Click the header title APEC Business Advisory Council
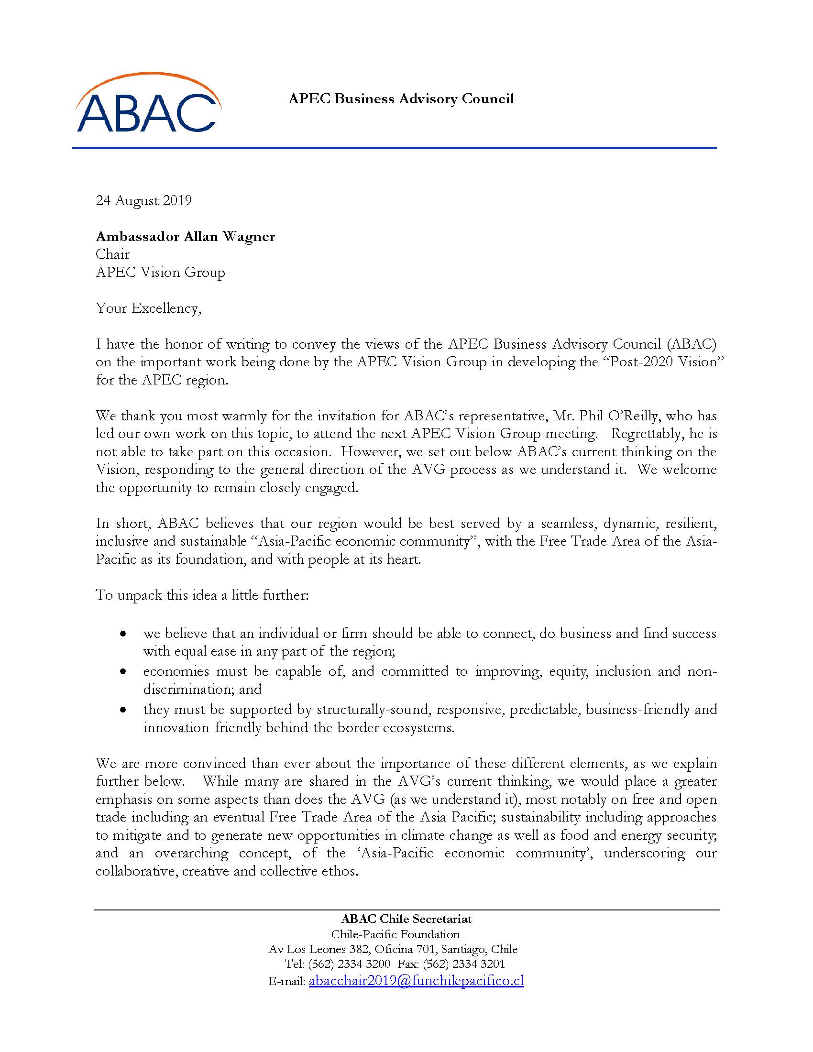click(x=401, y=99)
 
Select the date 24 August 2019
click(x=143, y=200)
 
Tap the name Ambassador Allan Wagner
click(x=186, y=237)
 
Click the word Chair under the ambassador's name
click(x=113, y=254)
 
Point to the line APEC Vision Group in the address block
click(x=160, y=273)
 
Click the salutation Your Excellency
click(x=148, y=308)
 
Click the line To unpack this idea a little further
click(x=202, y=595)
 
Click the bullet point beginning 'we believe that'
click(x=429, y=634)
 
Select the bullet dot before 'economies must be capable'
click(x=124, y=671)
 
